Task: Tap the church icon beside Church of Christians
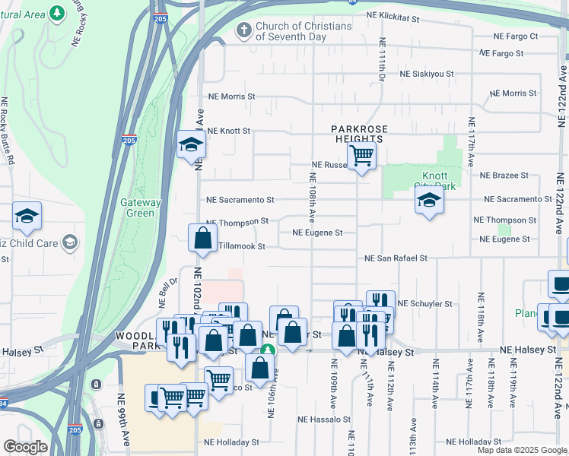pyautogui.click(x=243, y=30)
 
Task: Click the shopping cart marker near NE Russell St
pyautogui.click(x=362, y=157)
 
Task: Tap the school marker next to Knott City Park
pyautogui.click(x=429, y=201)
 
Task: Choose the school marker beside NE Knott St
pyautogui.click(x=191, y=144)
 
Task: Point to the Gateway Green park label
pyautogui.click(x=141, y=207)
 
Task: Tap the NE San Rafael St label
pyautogui.click(x=396, y=258)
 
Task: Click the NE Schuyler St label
pyautogui.click(x=424, y=303)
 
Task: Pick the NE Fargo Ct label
pyautogui.click(x=516, y=36)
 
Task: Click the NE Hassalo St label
pyautogui.click(x=324, y=419)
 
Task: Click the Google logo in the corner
pyautogui.click(x=25, y=447)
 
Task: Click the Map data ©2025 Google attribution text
pyautogui.click(x=522, y=450)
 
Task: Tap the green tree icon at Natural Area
pyautogui.click(x=56, y=13)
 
